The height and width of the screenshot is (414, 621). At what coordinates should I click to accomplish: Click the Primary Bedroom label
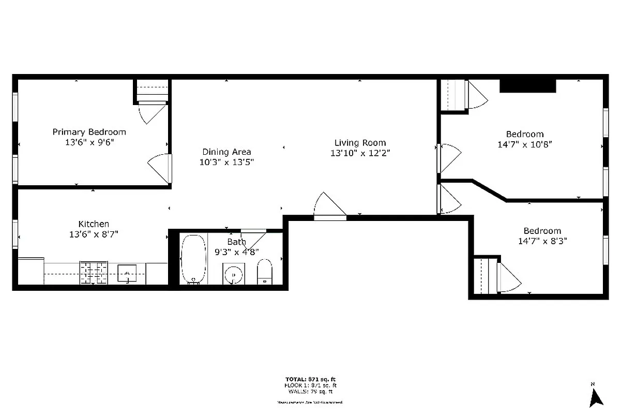(x=89, y=132)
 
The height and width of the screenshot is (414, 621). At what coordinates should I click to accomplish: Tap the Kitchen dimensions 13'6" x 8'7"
(x=94, y=234)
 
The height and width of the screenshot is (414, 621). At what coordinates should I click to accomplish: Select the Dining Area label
(x=226, y=152)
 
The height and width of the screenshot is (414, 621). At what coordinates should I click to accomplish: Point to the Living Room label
(x=360, y=143)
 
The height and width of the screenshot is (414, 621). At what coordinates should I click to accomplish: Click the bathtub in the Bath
(x=193, y=259)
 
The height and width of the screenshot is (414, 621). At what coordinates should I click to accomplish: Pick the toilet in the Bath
(x=264, y=272)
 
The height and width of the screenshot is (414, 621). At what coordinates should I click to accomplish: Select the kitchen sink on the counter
(x=127, y=272)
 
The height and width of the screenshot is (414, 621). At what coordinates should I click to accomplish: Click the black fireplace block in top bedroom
(x=527, y=85)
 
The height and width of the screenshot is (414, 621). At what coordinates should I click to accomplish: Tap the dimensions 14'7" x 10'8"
(x=525, y=145)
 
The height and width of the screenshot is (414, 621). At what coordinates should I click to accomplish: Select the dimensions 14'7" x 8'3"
(x=542, y=241)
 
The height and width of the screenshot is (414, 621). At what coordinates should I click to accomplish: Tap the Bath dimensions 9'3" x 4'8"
(x=236, y=252)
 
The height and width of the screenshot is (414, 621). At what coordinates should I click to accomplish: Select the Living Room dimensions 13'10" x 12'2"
(x=360, y=153)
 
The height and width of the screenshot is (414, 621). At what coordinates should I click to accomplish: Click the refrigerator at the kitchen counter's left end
(x=31, y=271)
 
